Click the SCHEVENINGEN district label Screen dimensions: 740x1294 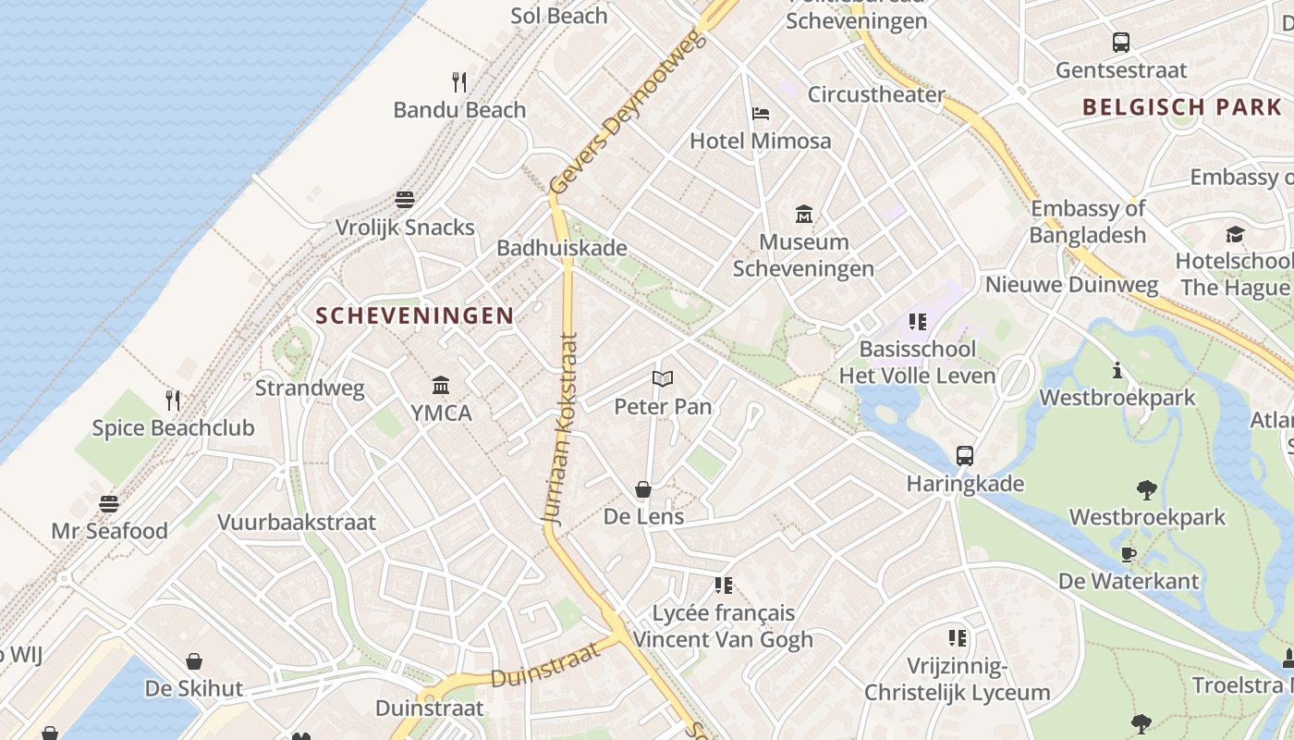(414, 315)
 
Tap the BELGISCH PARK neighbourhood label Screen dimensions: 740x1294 (1182, 106)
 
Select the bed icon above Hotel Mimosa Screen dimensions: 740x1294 (761, 114)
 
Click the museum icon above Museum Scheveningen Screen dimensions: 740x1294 (804, 215)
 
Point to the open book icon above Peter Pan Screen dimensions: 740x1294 (663, 378)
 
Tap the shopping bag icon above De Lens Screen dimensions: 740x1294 (643, 489)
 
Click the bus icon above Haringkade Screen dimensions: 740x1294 (965, 456)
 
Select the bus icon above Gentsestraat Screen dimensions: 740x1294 (1121, 43)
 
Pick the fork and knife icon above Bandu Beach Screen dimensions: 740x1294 (459, 82)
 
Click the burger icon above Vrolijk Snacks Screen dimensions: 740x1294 (405, 200)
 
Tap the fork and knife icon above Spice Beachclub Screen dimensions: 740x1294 (173, 401)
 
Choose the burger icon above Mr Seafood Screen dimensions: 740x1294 (109, 504)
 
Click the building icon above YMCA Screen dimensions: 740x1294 (441, 385)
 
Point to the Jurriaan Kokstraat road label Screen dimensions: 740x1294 (564, 430)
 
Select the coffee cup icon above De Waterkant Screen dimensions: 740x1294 (1129, 554)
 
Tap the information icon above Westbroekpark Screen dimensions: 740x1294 (1117, 371)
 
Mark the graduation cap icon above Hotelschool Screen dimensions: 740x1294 (1235, 234)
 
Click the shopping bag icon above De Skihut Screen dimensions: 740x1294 (194, 661)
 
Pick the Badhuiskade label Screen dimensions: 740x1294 (562, 248)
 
